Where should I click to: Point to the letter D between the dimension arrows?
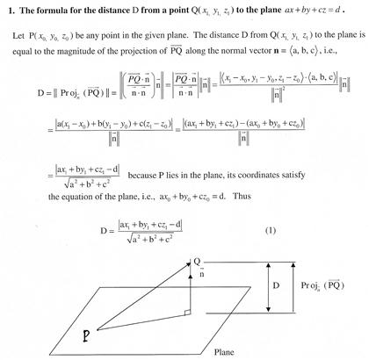point(279,285)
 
